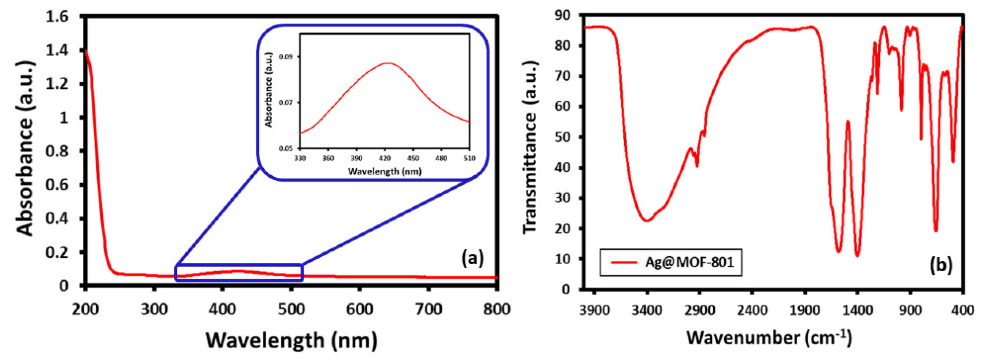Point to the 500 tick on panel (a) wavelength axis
click(x=291, y=309)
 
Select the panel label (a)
click(x=472, y=258)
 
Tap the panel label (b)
click(x=940, y=265)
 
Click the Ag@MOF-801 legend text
click(x=690, y=262)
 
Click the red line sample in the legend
click(x=623, y=262)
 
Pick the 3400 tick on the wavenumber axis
click(x=647, y=310)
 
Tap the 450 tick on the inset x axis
click(x=413, y=158)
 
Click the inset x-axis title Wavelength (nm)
click(x=385, y=171)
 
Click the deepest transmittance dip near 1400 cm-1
click(x=857, y=255)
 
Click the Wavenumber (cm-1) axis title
click(x=769, y=337)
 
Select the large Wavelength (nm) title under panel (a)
click(x=292, y=340)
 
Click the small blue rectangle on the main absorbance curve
click(x=239, y=273)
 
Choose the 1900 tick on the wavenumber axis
click(x=805, y=310)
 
